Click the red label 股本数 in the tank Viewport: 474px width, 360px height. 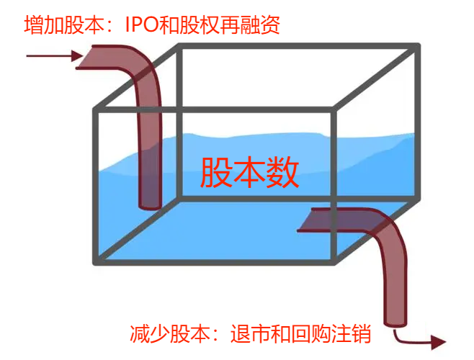click(249, 173)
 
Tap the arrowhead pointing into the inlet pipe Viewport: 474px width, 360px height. click(78, 55)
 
